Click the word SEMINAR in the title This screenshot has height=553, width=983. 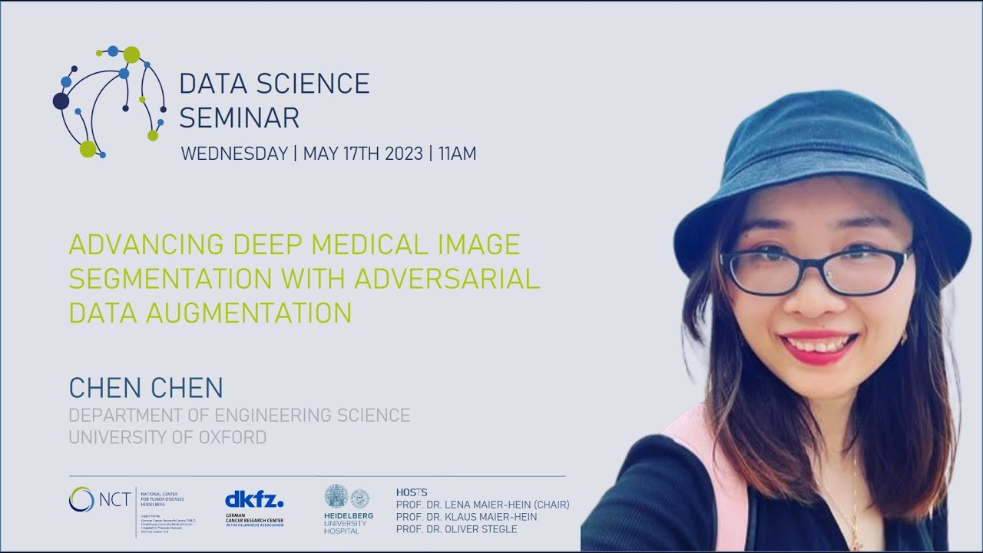239,118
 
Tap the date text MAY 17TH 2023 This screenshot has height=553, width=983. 362,154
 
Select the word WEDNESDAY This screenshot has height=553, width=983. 233,154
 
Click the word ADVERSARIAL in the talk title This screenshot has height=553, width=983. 447,279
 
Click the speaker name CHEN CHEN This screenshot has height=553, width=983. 146,388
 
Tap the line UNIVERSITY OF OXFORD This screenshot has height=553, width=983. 167,438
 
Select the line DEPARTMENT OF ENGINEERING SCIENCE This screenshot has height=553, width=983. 240,416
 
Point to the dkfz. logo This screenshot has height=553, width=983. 254,500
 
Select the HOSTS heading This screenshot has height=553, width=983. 412,492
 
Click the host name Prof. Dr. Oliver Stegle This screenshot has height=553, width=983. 456,529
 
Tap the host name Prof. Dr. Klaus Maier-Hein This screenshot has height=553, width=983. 466,517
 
